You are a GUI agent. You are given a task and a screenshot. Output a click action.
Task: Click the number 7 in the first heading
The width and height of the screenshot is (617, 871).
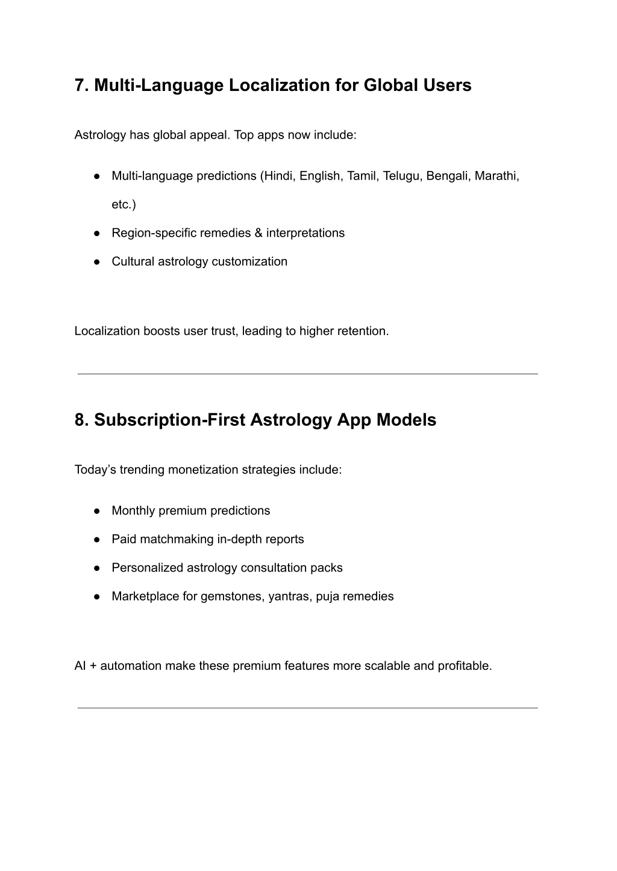[x=80, y=86]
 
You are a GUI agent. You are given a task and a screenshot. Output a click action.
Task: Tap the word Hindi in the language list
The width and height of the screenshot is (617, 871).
[x=278, y=176]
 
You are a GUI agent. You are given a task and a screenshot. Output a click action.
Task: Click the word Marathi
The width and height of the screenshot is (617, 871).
[x=496, y=176]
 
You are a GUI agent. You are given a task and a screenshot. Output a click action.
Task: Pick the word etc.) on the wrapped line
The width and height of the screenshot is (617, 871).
[x=124, y=205]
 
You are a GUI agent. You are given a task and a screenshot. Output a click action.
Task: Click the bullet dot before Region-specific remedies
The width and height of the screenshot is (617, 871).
[x=96, y=233]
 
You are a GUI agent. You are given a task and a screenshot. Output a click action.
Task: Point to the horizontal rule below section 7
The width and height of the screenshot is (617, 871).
[x=307, y=374]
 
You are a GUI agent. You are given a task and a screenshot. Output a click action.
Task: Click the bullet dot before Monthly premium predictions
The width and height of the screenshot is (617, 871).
[x=96, y=511]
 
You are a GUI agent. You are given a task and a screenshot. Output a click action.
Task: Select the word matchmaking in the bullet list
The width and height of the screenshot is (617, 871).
[x=177, y=539]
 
